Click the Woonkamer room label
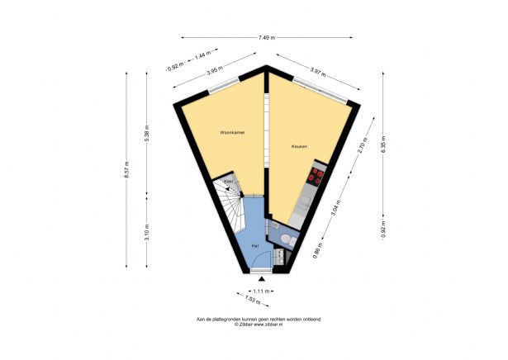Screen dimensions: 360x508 click(231, 132)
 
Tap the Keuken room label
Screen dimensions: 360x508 click(299, 147)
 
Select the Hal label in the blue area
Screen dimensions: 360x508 click(256, 244)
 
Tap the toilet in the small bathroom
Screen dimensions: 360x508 click(285, 239)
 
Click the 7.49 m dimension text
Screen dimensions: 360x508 click(266, 37)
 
